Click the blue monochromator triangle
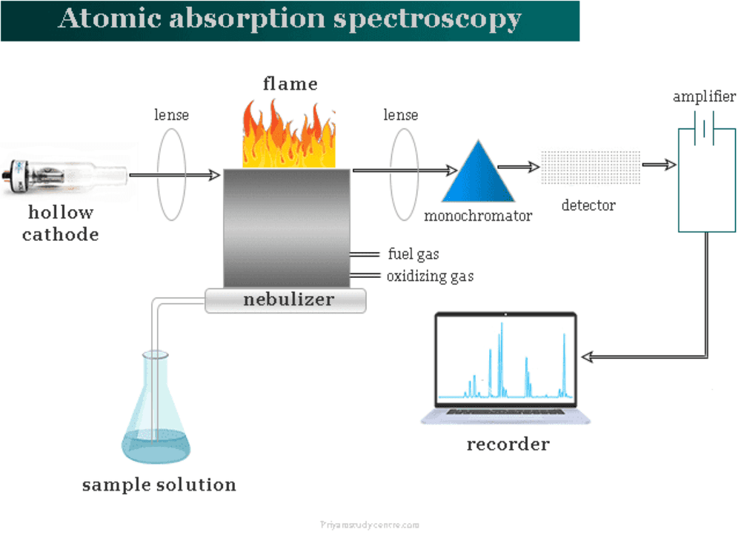478,176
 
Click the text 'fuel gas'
413,254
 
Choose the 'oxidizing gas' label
430,276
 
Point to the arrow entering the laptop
593,357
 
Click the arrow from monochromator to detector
519,167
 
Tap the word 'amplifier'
704,97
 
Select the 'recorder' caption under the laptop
508,445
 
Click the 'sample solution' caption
159,485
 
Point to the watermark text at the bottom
370,525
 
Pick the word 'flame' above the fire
290,84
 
